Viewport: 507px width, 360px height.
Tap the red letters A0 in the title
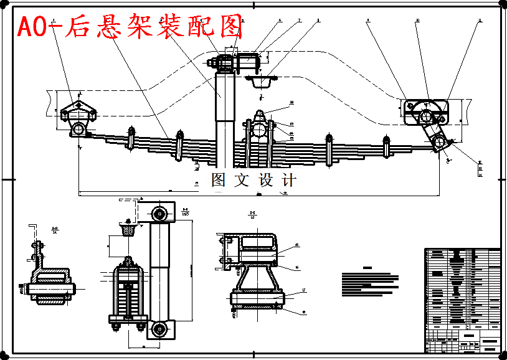(34, 27)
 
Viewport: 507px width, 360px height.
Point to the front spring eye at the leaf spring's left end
(79, 129)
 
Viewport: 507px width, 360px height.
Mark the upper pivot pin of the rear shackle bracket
(427, 116)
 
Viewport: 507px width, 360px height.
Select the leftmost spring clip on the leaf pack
(131, 138)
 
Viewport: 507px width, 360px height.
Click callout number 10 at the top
(417, 21)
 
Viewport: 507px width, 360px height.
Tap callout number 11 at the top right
(480, 21)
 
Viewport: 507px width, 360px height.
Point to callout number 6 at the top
(280, 21)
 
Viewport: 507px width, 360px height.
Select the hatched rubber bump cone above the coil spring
(128, 230)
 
